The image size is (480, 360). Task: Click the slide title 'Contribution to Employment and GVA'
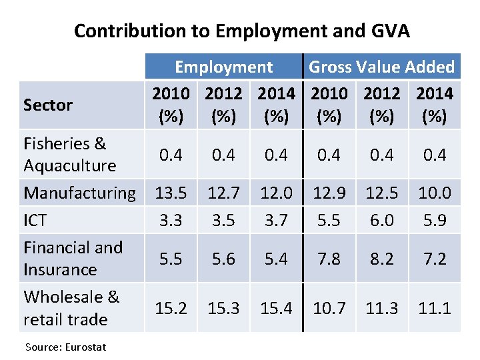pos(241,31)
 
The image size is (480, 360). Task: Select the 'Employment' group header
pos(223,67)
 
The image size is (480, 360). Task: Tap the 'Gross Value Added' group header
pos(381,67)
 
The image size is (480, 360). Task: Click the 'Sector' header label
pos(48,105)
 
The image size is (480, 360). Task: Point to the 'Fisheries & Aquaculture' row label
pos(69,154)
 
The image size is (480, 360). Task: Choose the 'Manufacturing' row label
pos(79,193)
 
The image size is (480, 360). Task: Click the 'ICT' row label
pos(36,220)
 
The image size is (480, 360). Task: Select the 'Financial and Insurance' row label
pos(73,258)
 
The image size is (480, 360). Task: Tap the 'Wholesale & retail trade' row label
pos(71,308)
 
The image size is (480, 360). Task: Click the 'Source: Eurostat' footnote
pos(65,347)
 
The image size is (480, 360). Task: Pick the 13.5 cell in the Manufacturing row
pos(171,193)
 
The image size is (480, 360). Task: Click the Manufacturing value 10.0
pos(434,193)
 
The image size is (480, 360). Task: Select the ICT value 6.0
pos(381,220)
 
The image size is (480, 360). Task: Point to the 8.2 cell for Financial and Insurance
pos(381,259)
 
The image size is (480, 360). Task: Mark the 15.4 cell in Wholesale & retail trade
pos(276,308)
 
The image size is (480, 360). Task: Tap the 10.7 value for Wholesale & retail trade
pos(329,308)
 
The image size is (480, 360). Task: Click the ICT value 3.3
pos(171,220)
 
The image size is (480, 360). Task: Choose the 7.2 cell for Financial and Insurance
pos(434,259)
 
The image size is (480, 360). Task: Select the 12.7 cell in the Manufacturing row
pos(223,193)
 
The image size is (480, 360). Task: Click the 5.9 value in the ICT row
pos(434,220)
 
